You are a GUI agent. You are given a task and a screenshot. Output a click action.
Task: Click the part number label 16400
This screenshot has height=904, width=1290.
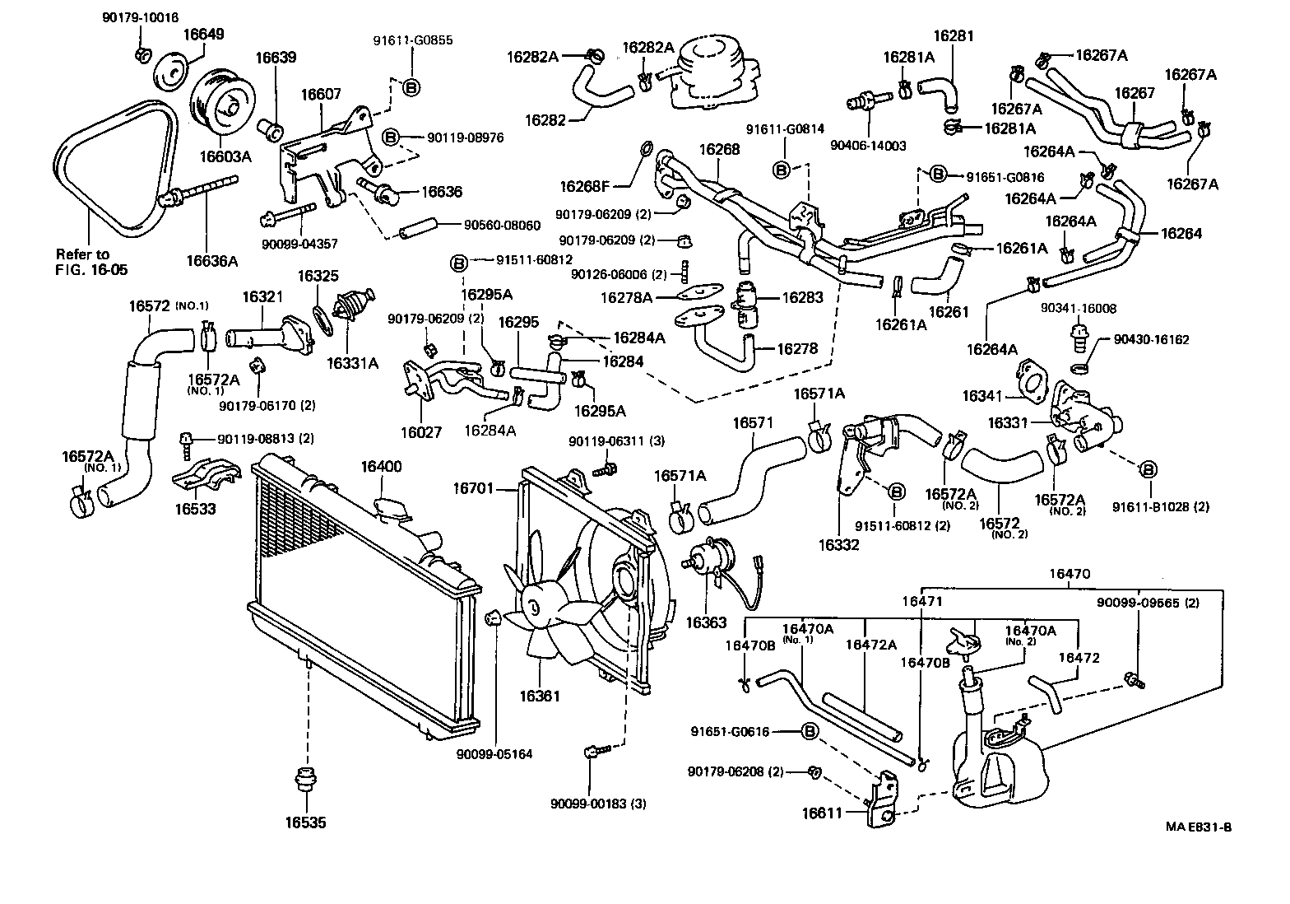[381, 466]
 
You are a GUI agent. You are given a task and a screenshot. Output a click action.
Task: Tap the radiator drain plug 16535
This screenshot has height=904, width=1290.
[306, 781]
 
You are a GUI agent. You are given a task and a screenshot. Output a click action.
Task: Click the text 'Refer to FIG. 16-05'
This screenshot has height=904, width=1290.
[91, 262]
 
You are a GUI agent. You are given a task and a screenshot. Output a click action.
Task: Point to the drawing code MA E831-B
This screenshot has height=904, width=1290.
[1199, 827]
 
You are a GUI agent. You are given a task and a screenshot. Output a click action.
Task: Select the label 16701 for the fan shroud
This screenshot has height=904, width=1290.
[473, 488]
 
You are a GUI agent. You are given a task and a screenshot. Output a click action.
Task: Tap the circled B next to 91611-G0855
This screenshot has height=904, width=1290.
[411, 87]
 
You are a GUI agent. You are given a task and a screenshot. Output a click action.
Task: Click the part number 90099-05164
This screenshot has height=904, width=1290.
[494, 753]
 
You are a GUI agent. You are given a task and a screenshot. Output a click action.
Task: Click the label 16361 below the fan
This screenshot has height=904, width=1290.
[540, 696]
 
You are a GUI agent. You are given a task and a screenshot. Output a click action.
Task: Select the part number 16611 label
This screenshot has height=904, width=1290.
[822, 813]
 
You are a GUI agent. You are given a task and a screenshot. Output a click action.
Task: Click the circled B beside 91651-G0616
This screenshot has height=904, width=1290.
[810, 731]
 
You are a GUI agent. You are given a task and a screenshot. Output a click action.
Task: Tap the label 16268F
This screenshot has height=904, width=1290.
[584, 186]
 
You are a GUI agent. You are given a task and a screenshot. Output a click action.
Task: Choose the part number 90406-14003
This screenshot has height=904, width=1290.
[868, 146]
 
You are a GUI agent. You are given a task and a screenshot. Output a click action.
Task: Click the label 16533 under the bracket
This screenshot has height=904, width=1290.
[195, 509]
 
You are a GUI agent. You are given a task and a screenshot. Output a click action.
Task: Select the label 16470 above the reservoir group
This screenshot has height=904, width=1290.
[1070, 574]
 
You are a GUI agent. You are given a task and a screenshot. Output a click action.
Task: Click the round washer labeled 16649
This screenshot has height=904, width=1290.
[172, 72]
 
